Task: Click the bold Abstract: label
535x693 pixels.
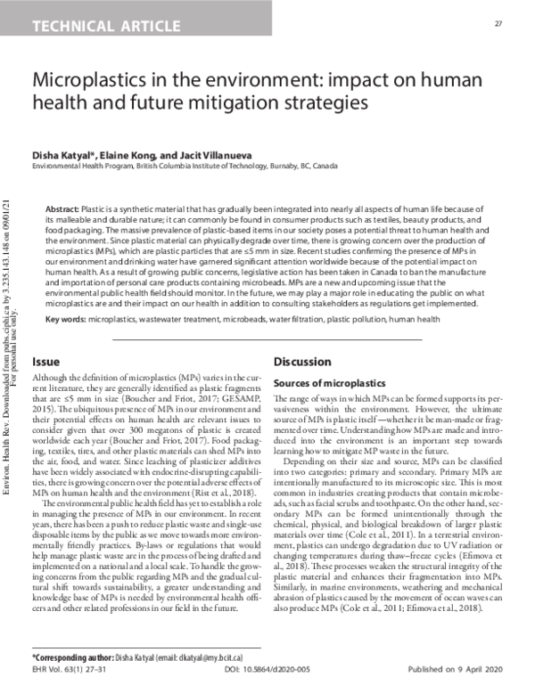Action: [62, 207]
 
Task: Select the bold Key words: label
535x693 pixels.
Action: [66, 318]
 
